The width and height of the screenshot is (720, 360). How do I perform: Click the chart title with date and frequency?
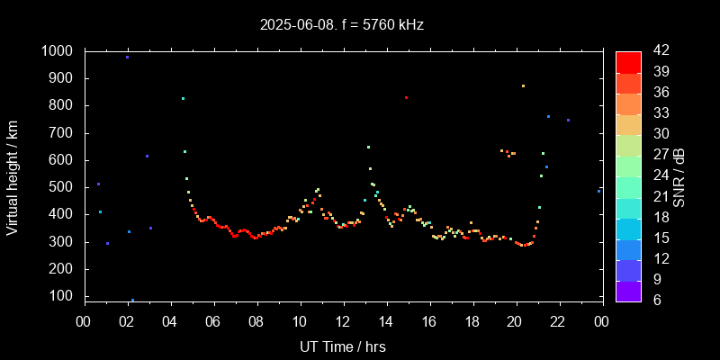[342, 25]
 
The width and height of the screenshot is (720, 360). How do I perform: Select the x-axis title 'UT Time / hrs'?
[343, 346]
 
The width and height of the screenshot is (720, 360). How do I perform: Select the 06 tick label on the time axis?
[213, 322]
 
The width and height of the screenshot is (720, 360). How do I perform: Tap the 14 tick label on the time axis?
[386, 322]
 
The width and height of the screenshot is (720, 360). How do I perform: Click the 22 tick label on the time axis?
[559, 322]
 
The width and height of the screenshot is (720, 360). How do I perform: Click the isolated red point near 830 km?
[406, 97]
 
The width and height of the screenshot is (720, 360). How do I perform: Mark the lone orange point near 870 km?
[523, 86]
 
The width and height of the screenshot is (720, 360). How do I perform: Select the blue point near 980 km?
[127, 57]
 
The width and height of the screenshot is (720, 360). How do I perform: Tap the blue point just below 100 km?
[132, 300]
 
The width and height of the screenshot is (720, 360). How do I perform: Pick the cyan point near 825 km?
[183, 99]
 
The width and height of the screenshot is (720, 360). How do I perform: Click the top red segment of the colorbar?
[628, 61]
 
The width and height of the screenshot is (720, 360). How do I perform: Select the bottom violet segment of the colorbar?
[628, 291]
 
